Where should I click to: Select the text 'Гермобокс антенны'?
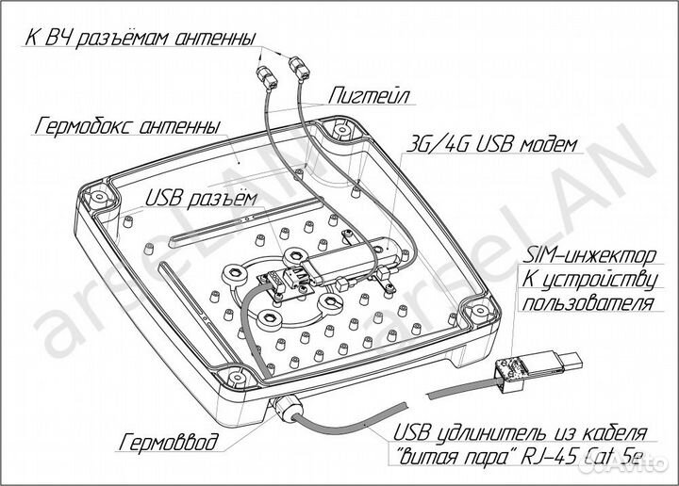pyautogui.click(x=127, y=125)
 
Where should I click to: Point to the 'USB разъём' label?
pyautogui.click(x=199, y=196)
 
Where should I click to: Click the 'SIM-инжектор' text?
pyautogui.click(x=588, y=253)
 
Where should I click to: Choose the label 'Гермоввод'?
pyautogui.click(x=171, y=441)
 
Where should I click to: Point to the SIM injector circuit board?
pyautogui.click(x=515, y=371)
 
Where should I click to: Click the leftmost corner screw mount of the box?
pyautogui.click(x=96, y=199)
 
